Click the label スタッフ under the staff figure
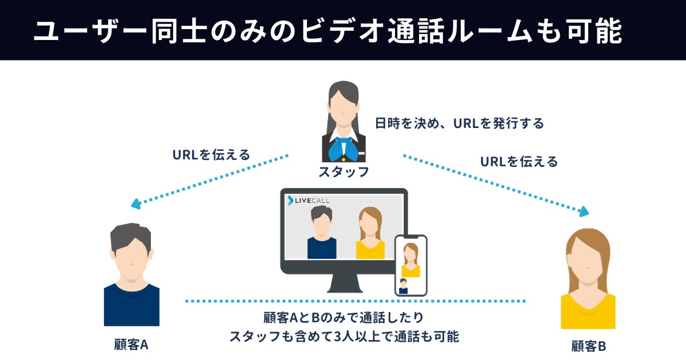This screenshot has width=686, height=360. pyautogui.click(x=344, y=171)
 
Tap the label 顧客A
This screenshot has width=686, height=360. pyautogui.click(x=131, y=345)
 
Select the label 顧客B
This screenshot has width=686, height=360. pyautogui.click(x=589, y=346)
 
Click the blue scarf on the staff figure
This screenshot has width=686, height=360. pyautogui.click(x=344, y=147)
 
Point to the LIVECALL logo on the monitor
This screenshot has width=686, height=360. pyautogui.click(x=309, y=200)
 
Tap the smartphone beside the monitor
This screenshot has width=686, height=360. pyautogui.click(x=410, y=265)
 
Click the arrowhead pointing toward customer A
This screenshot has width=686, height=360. pyautogui.click(x=135, y=203)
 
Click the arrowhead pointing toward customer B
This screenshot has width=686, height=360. pyautogui.click(x=583, y=213)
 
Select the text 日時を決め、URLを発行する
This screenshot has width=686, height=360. pyautogui.click(x=459, y=123)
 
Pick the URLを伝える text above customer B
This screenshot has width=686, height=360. pyautogui.click(x=519, y=162)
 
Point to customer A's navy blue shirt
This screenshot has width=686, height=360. pyautogui.click(x=131, y=305)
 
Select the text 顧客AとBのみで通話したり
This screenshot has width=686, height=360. pyautogui.click(x=344, y=318)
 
